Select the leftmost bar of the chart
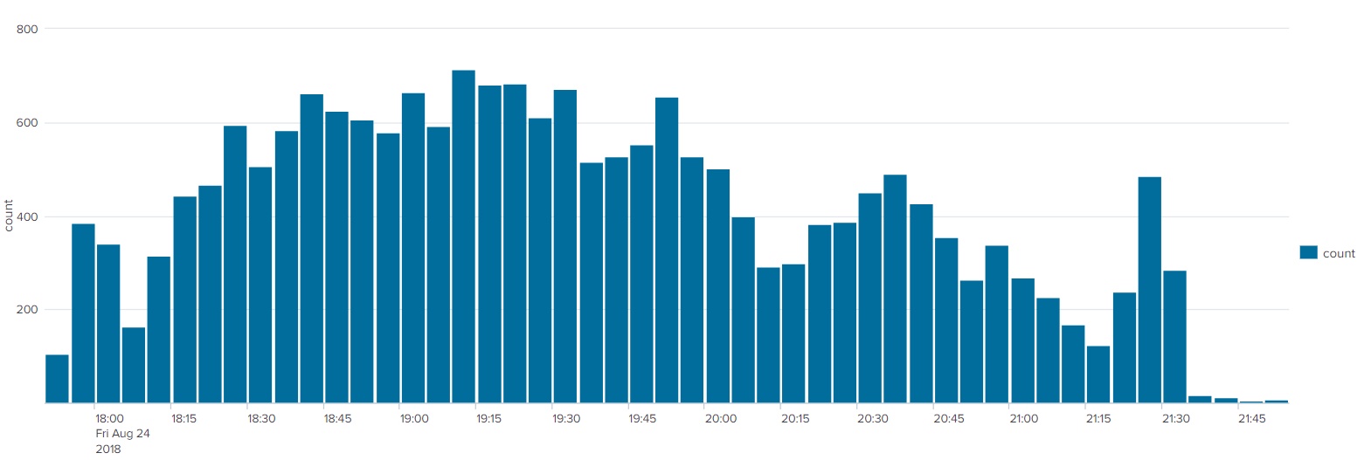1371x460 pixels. [x=57, y=379]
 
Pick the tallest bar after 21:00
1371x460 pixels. [x=1149, y=290]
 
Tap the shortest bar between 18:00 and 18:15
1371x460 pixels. [x=134, y=365]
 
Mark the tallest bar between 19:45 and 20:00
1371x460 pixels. [x=667, y=251]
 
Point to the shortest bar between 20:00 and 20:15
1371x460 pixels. [x=768, y=335]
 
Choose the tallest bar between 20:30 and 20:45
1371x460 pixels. [x=896, y=289]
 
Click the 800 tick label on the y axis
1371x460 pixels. [x=27, y=29]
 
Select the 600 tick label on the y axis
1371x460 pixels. [x=27, y=123]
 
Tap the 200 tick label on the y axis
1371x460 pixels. [x=27, y=310]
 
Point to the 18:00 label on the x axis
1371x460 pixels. [x=109, y=418]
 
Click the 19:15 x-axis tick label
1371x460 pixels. [x=488, y=418]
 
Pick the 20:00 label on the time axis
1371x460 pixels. [x=720, y=418]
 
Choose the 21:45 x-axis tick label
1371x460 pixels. [x=1251, y=418]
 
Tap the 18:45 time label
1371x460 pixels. [x=337, y=418]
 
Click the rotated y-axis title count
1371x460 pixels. [x=9, y=216]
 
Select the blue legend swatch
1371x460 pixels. [x=1309, y=252]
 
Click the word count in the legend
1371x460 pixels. [x=1339, y=253]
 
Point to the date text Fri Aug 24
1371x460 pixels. [x=122, y=434]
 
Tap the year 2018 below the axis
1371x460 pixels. [x=107, y=449]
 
